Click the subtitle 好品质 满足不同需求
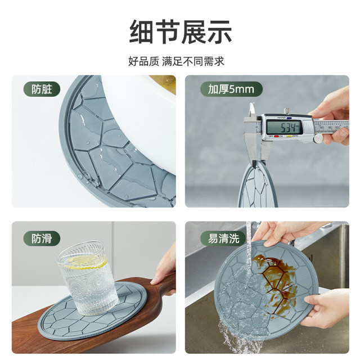180,61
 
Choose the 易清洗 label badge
223,238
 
